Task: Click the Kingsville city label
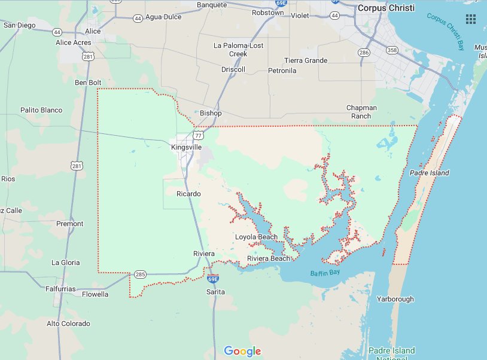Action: click(187, 147)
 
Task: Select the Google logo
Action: click(243, 351)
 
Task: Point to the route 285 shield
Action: click(140, 274)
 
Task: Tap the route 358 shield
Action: click(392, 50)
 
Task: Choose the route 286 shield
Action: click(364, 53)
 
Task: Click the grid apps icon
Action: click(471, 19)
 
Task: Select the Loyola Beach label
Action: click(256, 237)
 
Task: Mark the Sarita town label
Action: click(215, 292)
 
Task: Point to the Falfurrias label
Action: click(60, 289)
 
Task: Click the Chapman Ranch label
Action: click(361, 112)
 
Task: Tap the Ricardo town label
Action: click(188, 194)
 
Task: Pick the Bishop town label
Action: click(211, 113)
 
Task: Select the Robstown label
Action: click(267, 12)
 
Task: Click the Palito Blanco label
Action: click(41, 110)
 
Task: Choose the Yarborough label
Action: click(395, 299)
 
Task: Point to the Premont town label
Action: click(69, 224)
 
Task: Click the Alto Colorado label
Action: click(68, 324)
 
